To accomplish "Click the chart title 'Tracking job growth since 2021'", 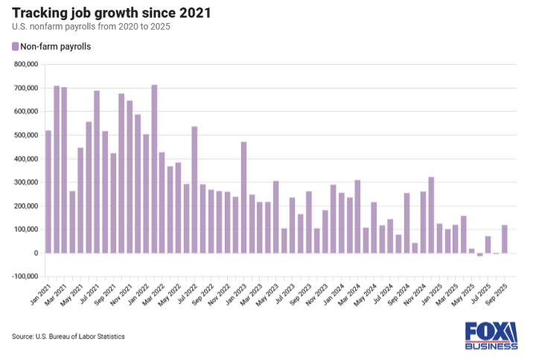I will click(x=111, y=13).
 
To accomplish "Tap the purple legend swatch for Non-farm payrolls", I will click(x=16, y=47).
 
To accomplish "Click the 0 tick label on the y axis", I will click(x=34, y=253).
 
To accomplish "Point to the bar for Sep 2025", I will click(x=504, y=239).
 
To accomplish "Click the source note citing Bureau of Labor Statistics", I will click(x=68, y=337).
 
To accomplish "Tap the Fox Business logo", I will click(x=491, y=335).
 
